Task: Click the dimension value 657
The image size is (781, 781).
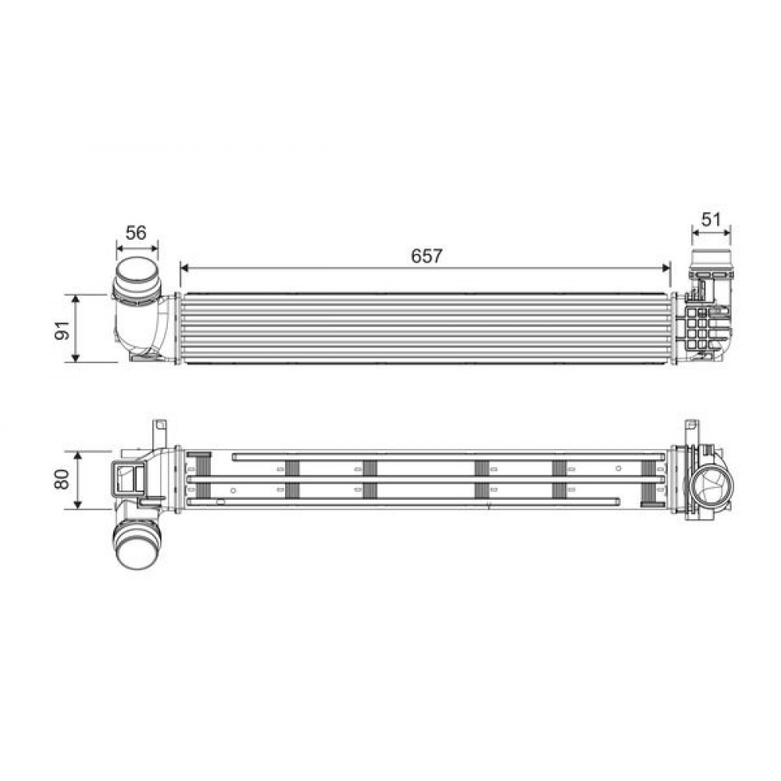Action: pyautogui.click(x=426, y=255)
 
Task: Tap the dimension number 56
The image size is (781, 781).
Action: pyautogui.click(x=137, y=232)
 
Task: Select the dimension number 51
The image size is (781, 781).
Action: pyautogui.click(x=711, y=219)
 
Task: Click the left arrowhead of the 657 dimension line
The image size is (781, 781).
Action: pyautogui.click(x=184, y=267)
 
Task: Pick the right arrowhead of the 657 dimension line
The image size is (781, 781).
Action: pyautogui.click(x=666, y=267)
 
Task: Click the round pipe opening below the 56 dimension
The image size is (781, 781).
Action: pyautogui.click(x=137, y=277)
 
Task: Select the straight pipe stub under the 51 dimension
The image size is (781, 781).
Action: pyautogui.click(x=711, y=261)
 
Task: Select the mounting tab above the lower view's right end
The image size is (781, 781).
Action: pyautogui.click(x=691, y=430)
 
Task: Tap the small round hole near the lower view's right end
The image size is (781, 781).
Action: pyautogui.click(x=618, y=469)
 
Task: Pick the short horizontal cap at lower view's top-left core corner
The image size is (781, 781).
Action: pyautogui.click(x=198, y=455)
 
